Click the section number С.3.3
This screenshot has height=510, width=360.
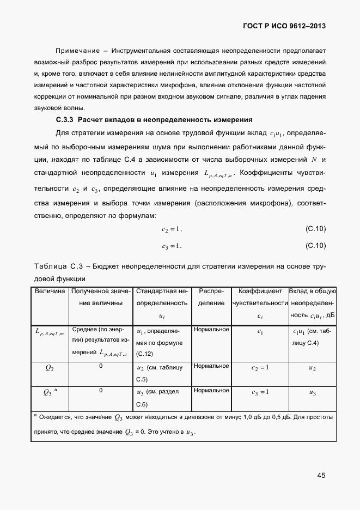[x=65, y=119]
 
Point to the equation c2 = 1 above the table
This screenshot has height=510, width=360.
[x=172, y=229]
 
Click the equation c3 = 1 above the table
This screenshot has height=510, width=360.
[x=172, y=246]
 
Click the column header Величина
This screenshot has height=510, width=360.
[x=50, y=292]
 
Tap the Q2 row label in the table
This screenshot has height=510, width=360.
[x=50, y=368]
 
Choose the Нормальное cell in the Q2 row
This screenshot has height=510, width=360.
[x=211, y=366]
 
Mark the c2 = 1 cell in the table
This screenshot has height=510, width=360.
[x=260, y=368]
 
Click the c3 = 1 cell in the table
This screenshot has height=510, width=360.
[x=260, y=392]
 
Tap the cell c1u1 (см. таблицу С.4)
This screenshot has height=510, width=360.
[x=312, y=337]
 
